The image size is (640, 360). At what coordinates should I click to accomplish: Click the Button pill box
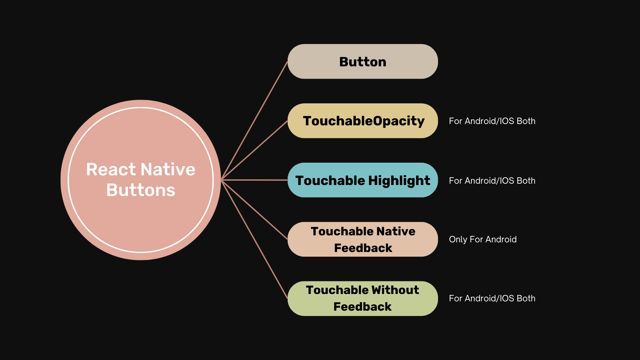pos(363,61)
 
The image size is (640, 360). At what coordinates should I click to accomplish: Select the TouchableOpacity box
pos(363,121)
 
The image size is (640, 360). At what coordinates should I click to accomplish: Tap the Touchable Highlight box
pos(363,180)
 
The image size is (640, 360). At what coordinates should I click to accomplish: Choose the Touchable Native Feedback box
pos(363,239)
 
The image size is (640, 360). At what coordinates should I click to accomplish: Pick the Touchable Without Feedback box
pos(363,299)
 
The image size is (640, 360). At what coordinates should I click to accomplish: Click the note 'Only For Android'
pos(483,239)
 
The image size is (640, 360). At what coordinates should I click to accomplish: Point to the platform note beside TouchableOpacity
pos(492,121)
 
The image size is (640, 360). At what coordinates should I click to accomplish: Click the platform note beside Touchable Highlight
pos(492,181)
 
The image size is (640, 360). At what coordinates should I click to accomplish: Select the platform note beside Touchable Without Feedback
pos(492,298)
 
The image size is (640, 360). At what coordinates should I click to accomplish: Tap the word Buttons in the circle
pos(141,190)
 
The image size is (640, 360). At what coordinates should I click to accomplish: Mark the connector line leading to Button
pos(254,121)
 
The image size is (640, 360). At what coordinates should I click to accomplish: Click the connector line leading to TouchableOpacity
pos(254,150)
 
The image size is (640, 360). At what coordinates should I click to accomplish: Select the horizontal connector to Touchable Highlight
pos(254,180)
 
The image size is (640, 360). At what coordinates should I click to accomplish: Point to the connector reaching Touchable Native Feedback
pos(254,210)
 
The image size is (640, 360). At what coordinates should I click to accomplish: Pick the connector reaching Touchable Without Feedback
pos(254,239)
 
